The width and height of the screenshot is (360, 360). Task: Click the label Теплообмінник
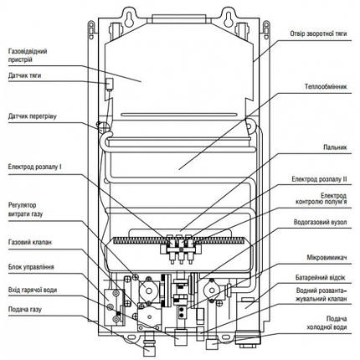pyautogui.click(x=326, y=87)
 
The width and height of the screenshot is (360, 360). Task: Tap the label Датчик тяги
pyautogui.click(x=24, y=75)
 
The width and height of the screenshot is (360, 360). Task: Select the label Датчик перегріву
pyautogui.click(x=33, y=116)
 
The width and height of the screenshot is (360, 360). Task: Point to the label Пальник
pyautogui.click(x=335, y=147)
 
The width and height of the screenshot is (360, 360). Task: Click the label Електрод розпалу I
pyautogui.click(x=35, y=167)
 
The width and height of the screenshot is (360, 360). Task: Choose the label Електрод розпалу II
pyautogui.click(x=319, y=179)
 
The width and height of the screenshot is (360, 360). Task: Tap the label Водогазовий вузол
pyautogui.click(x=321, y=223)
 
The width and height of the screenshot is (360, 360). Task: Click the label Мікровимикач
pyautogui.click(x=327, y=257)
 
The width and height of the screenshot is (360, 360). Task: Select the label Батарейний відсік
pyautogui.click(x=321, y=278)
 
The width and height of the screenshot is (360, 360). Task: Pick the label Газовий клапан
pyautogui.click(x=30, y=242)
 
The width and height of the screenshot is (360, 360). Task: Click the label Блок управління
pyautogui.click(x=31, y=267)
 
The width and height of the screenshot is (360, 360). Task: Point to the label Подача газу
pyautogui.click(x=25, y=310)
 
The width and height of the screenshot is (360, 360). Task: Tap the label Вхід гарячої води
pyautogui.click(x=33, y=291)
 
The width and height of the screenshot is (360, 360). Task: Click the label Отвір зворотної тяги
pyautogui.click(x=318, y=33)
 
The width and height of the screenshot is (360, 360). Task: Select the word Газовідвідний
pyautogui.click(x=28, y=51)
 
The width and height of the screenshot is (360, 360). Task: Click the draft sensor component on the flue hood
pyautogui.click(x=109, y=84)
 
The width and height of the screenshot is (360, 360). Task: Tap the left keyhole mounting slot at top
pyautogui.click(x=129, y=19)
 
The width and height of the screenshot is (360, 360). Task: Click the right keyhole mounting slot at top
pyautogui.click(x=228, y=19)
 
